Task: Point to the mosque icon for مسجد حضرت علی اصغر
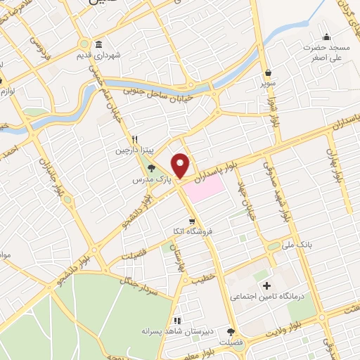pos(326,37)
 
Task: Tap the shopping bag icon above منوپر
pos(269,72)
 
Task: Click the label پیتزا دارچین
pos(133,151)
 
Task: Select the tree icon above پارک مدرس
pos(150,167)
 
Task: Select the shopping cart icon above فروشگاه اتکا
pos(191,220)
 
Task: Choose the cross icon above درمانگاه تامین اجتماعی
pos(266,285)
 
